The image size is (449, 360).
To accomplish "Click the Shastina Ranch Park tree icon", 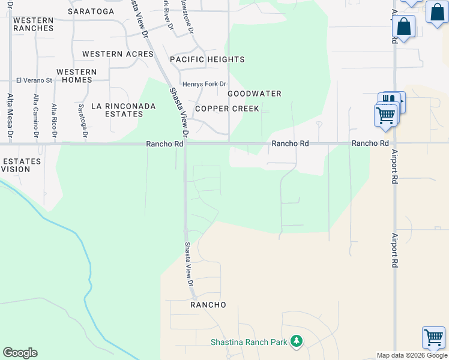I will pos(295,341).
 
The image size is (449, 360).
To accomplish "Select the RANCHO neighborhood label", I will pos(208,305).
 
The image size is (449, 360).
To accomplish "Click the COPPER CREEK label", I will pos(227,109).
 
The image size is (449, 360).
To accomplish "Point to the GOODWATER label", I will pos(255,94).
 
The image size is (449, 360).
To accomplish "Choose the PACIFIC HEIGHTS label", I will pos(207,59).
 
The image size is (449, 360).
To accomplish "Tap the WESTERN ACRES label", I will pos(118,54).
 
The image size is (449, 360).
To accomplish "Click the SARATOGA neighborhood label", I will pos(91,11).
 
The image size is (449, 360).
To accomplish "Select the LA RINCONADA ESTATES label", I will pos(123,110).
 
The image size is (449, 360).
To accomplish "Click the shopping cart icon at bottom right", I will pos(433,337).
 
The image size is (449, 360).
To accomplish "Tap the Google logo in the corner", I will pos(20,353).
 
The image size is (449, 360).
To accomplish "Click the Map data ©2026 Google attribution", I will pos(412,355).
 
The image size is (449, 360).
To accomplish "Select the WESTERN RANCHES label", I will pos(33,25).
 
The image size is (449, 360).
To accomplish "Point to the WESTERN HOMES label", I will pos(76,76).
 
